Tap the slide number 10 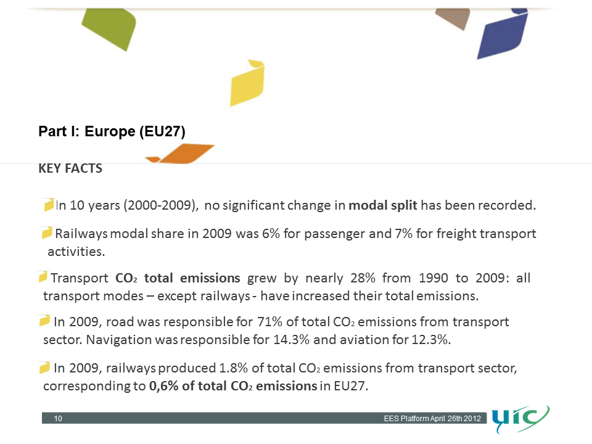tap(58, 419)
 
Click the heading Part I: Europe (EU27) tap(112, 131)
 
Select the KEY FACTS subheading tap(70, 168)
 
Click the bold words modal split tap(383, 205)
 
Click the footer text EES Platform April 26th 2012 tap(432, 419)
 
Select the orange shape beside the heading tap(183, 154)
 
